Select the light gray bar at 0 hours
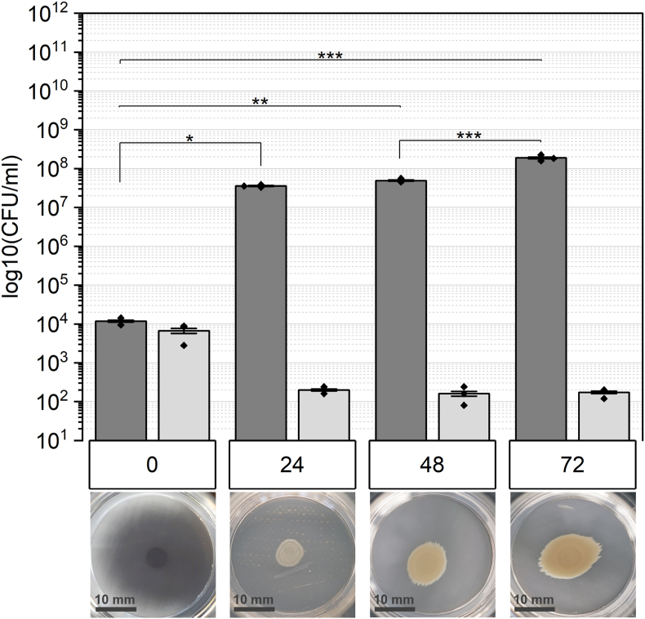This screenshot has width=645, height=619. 184,385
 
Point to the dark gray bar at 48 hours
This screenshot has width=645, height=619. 401,310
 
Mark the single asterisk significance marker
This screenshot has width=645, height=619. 189,139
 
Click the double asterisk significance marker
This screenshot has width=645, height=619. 260,102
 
